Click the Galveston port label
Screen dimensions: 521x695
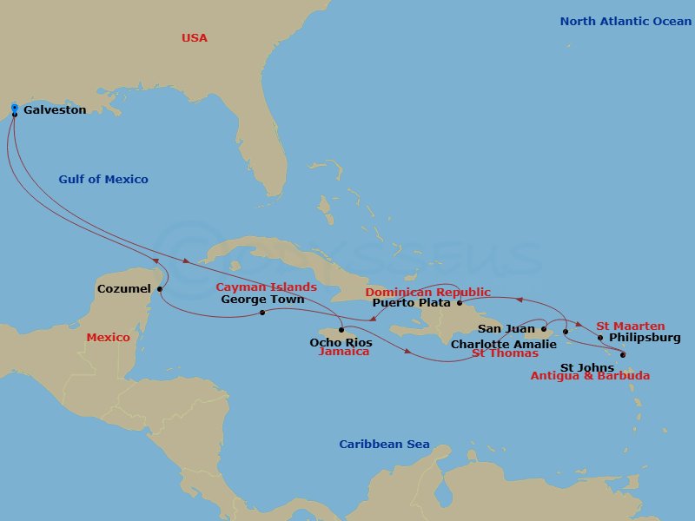[x=54, y=110]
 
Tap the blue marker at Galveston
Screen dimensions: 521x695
[x=15, y=109]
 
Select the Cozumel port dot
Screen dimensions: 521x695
[x=160, y=289]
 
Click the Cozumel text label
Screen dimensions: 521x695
[x=124, y=288]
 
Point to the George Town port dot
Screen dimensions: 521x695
[x=262, y=313]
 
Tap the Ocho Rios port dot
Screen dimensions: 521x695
[x=342, y=330]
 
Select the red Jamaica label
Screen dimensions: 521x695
[x=344, y=352]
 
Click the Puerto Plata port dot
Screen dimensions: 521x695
[x=459, y=303]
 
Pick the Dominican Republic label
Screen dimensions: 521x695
[x=427, y=292]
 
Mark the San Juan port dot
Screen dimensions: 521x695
[x=543, y=330]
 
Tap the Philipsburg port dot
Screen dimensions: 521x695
[x=600, y=338]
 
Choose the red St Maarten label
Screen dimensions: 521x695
[x=630, y=326]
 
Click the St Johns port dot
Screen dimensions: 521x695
[x=623, y=354]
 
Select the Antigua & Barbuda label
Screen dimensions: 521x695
[x=590, y=376]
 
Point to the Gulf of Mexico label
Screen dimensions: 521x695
[x=103, y=180]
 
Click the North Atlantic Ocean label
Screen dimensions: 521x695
[x=625, y=21]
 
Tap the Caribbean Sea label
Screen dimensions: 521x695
[x=384, y=445]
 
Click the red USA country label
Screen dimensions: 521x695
[x=195, y=38]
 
